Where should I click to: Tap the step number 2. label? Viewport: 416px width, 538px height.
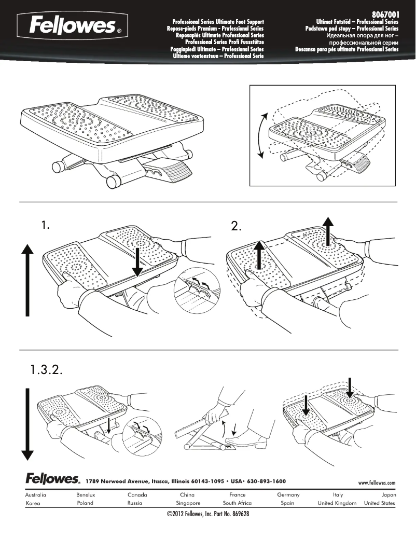237,226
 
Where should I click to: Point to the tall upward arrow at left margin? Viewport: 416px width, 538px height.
28,280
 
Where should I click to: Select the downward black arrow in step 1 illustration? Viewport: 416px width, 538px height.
137,261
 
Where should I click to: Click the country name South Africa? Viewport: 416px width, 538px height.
237,503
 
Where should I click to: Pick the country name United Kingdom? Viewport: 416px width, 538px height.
337,503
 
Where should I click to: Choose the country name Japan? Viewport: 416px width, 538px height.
388,495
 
